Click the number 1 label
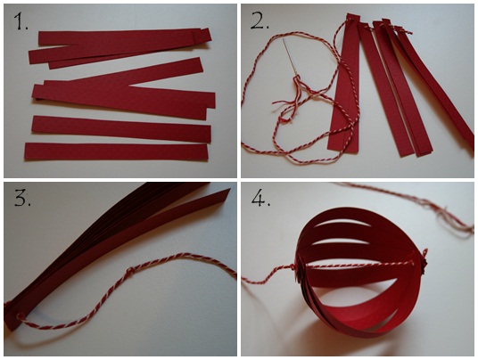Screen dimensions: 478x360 [21, 21]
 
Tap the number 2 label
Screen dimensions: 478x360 [260, 21]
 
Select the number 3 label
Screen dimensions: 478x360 [22, 199]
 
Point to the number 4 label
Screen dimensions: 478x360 [260, 199]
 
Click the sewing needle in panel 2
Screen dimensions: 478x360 [290, 56]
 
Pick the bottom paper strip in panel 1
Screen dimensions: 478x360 [116, 151]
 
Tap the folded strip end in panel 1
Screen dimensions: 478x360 [202, 35]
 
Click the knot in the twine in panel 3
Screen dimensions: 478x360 [131, 270]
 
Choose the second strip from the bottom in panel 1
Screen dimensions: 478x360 [121, 129]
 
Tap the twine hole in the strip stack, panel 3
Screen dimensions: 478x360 [21, 315]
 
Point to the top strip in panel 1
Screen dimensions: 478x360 [125, 38]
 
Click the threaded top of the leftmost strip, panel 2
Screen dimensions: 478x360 [353, 19]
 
